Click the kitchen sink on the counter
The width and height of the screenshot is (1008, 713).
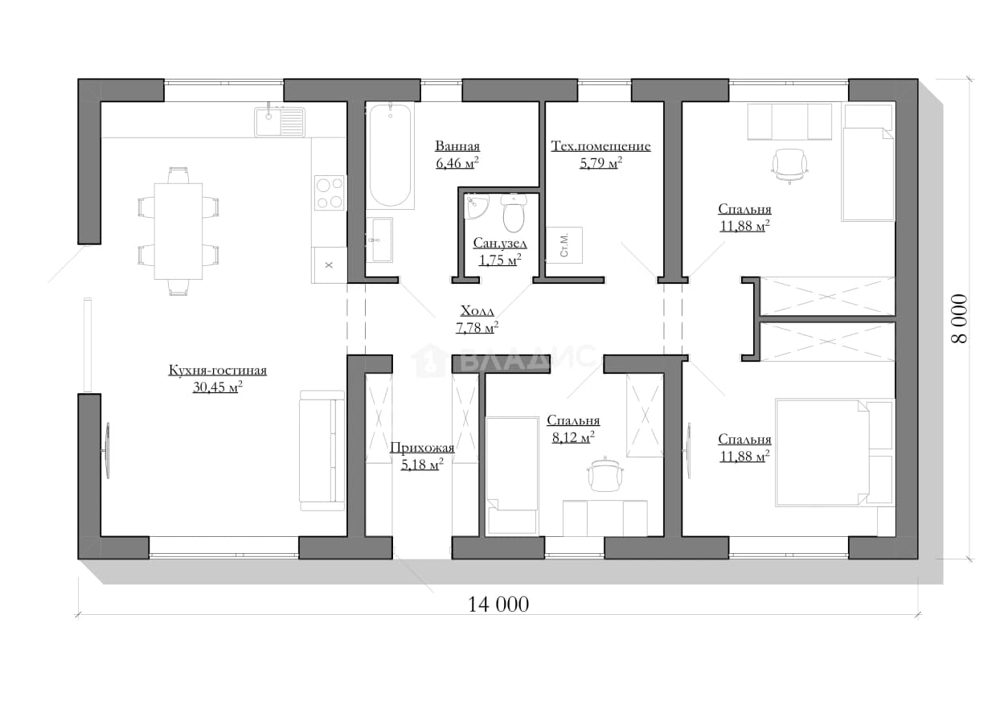[x=280, y=121]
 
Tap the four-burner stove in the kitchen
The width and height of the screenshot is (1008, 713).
[x=330, y=193]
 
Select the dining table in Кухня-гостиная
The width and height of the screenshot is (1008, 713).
[x=178, y=231]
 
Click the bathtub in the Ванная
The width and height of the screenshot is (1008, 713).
[x=390, y=156]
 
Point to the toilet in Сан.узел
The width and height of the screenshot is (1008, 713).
[x=514, y=213]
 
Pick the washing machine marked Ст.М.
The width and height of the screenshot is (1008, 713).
[x=564, y=245]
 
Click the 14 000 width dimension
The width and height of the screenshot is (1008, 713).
[x=498, y=604]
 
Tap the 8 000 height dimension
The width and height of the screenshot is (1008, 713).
[x=959, y=319]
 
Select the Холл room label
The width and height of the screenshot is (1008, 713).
[x=477, y=310]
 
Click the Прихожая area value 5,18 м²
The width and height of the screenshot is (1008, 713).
[x=422, y=464]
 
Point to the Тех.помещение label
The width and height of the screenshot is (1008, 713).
[x=600, y=145]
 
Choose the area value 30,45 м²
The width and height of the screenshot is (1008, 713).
[x=218, y=387]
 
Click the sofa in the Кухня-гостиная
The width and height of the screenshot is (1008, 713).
[x=322, y=451]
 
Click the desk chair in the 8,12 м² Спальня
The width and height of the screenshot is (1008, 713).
[x=605, y=474]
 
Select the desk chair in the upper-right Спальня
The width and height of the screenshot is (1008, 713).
[x=789, y=166]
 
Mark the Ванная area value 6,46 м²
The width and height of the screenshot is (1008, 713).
[x=457, y=163]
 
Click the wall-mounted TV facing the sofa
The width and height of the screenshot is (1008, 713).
[x=107, y=451]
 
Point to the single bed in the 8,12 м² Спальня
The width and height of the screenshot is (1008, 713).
[x=513, y=476]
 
